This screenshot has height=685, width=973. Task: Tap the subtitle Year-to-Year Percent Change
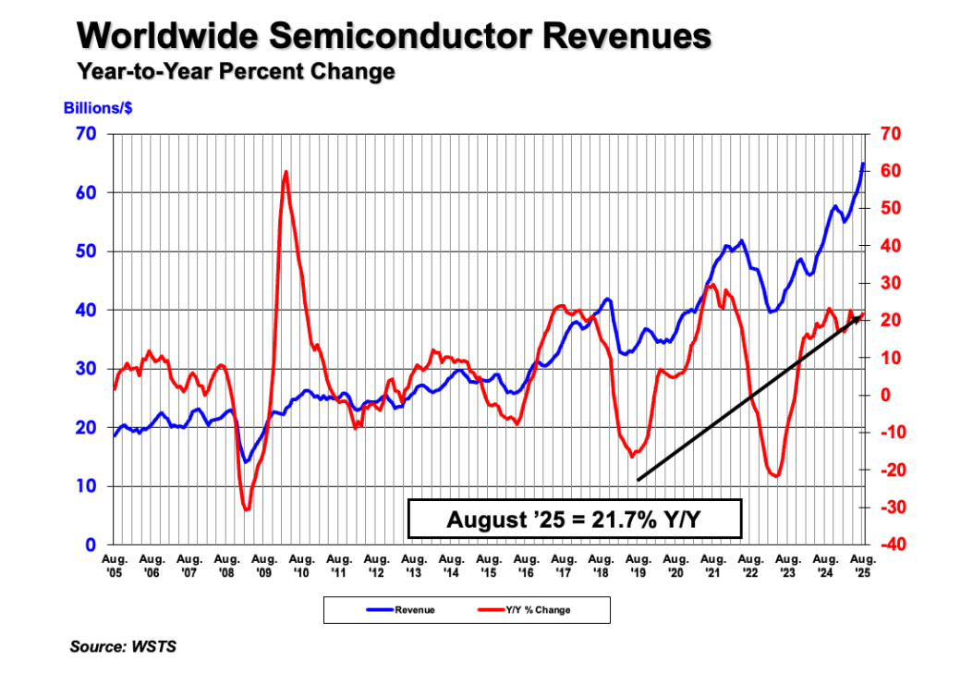pos(237,71)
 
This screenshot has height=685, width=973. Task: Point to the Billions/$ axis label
pos(97,109)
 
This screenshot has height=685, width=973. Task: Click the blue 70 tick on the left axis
pos(86,135)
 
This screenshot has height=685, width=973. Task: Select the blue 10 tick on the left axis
pos(86,486)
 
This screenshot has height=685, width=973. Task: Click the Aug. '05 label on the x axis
pos(115,566)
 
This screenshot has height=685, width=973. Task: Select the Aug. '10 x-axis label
pos(302,566)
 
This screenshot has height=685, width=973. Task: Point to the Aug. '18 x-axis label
pos(602,566)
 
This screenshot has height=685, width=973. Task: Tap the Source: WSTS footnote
pos(123,647)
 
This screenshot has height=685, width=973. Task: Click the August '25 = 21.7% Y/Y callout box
pos(575,519)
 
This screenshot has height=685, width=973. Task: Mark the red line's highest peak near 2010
pos(286,172)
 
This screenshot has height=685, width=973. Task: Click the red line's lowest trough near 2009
pos(246,508)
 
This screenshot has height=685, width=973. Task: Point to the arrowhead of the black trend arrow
pos(859,318)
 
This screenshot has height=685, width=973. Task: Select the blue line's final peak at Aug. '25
pos(863,165)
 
